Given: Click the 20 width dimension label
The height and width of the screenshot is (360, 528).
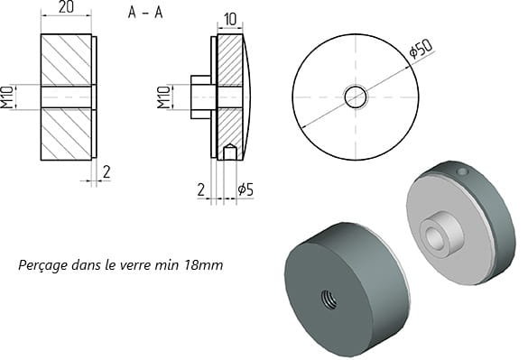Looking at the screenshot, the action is pyautogui.click(x=66, y=6).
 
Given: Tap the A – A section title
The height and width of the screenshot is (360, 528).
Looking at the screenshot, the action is pyautogui.click(x=145, y=13).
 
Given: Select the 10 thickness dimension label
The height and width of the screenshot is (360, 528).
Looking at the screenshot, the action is pyautogui.click(x=230, y=20).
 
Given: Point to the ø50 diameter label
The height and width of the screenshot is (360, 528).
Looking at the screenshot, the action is pyautogui.click(x=421, y=49).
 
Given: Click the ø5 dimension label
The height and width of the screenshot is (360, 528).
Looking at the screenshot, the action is pyautogui.click(x=245, y=189).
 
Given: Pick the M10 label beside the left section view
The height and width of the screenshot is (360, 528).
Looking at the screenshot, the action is pyautogui.click(x=6, y=97).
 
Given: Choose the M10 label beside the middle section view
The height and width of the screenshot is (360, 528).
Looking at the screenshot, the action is pyautogui.click(x=164, y=97).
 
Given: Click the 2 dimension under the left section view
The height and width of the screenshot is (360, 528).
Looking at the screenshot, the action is pyautogui.click(x=107, y=172).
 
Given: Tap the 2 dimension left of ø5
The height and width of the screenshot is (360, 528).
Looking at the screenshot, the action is pyautogui.click(x=200, y=190).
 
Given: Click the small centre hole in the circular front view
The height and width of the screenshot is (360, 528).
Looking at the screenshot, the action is pyautogui.click(x=356, y=97).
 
